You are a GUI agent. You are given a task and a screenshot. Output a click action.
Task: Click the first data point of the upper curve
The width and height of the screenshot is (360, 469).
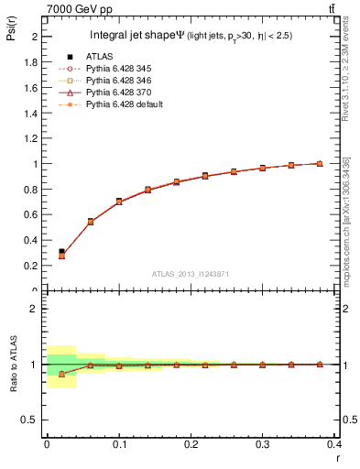click(x=61, y=252)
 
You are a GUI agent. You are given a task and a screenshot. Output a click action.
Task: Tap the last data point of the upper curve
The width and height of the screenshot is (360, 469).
click(x=319, y=163)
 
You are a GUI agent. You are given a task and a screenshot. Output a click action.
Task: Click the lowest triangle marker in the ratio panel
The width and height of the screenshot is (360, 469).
click(x=61, y=374)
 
